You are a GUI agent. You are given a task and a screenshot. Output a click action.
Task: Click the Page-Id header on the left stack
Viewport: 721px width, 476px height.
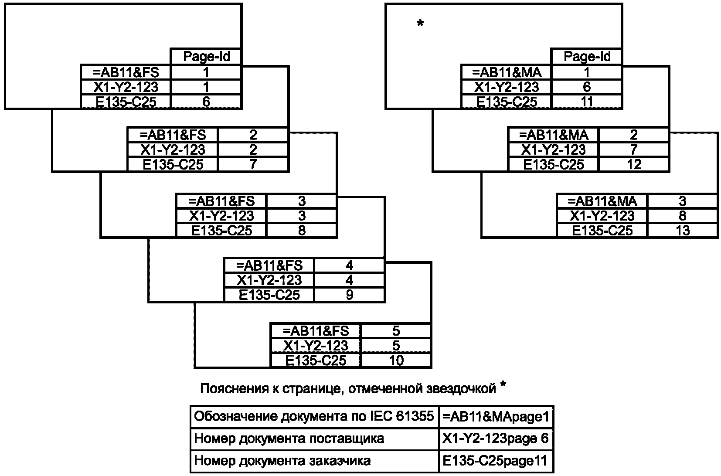(x=206, y=57)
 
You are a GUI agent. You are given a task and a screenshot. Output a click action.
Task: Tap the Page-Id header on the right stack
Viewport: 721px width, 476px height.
(x=587, y=57)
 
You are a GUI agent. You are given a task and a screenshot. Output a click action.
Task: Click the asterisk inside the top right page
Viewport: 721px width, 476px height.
(x=420, y=24)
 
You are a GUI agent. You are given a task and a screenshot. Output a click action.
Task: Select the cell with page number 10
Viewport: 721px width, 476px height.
(x=396, y=360)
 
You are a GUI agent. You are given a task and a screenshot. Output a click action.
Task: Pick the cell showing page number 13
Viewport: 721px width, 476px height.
(x=683, y=231)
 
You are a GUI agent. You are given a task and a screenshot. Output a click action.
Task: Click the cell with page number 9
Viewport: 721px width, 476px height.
(x=349, y=295)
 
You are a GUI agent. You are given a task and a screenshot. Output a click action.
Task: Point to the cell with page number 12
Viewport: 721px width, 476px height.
(x=634, y=164)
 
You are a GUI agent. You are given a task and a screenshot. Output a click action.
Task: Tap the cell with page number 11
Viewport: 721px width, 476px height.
(x=587, y=102)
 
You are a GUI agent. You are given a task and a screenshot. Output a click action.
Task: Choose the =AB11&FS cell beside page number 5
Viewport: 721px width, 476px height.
(x=316, y=331)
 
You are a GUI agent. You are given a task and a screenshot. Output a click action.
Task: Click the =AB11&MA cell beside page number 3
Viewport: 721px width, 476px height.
(x=602, y=201)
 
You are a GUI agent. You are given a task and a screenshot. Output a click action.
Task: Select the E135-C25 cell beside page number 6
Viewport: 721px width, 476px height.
(x=126, y=102)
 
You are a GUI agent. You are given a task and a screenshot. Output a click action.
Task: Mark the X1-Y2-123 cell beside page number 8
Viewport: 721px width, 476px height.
(x=602, y=216)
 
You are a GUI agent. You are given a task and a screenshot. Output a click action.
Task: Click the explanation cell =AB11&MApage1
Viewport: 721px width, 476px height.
(x=496, y=417)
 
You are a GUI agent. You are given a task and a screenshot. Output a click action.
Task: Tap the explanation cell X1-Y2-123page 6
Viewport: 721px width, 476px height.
(x=496, y=439)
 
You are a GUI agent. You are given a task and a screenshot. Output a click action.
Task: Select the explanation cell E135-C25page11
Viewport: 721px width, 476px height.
(x=496, y=461)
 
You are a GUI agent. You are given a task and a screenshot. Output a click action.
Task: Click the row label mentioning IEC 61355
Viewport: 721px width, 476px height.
(x=314, y=417)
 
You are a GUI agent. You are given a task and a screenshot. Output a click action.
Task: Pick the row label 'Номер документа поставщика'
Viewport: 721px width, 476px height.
(x=289, y=439)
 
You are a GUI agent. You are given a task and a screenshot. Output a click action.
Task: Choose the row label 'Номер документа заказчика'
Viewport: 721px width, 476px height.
(x=282, y=461)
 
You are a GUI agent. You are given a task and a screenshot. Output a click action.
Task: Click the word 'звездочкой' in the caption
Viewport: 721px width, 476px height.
(x=460, y=388)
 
